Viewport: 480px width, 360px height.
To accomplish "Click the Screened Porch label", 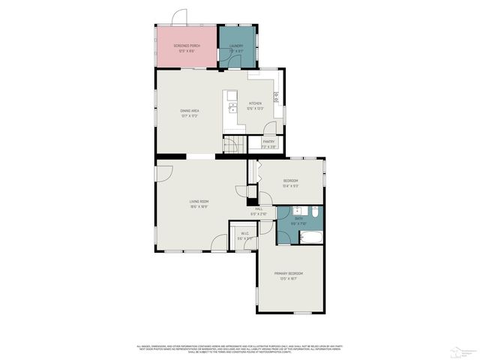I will [186, 46].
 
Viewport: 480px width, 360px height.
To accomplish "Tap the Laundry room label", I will [236, 46].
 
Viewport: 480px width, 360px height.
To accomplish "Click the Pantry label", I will [268, 141].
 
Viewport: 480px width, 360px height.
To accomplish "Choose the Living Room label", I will [198, 202].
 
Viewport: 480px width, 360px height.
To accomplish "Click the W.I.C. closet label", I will [241, 233].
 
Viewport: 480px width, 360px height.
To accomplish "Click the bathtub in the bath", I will [310, 239].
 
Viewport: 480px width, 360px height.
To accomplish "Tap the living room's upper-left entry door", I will [164, 172].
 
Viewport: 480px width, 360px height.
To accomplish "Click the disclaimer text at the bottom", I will [240, 348].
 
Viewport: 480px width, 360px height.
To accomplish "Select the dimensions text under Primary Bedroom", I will [291, 279].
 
